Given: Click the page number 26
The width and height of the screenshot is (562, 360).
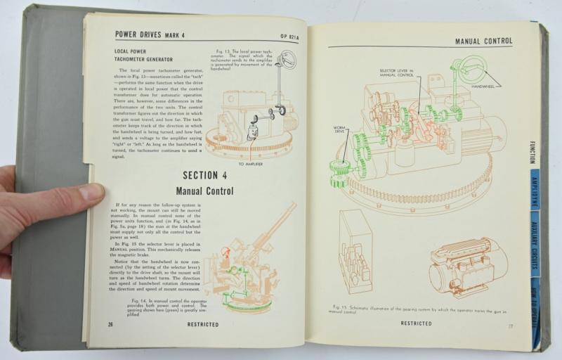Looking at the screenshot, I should coord(110,324).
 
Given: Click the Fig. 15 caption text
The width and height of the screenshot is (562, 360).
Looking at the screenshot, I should coord(421,310).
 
